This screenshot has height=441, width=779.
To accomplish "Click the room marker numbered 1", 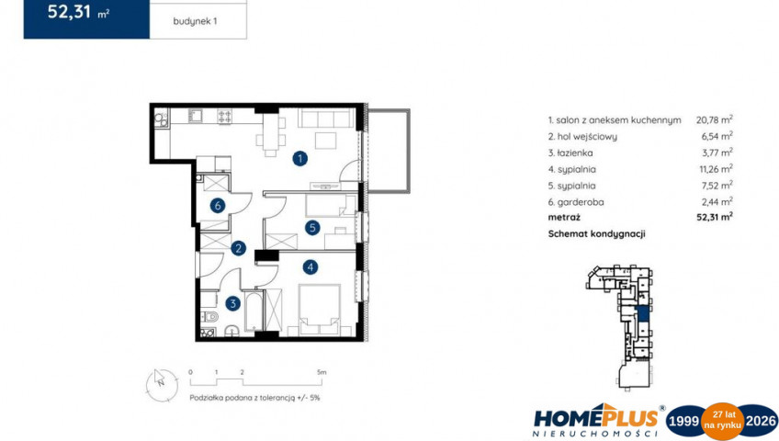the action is (x=299, y=159).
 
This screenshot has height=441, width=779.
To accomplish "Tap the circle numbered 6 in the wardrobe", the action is (x=218, y=205).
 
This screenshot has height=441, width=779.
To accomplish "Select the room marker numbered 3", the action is (x=232, y=303).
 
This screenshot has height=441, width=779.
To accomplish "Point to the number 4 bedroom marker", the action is (x=310, y=267).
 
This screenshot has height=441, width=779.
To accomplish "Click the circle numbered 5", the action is (x=312, y=228).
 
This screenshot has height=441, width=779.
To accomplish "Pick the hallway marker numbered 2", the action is (x=239, y=248).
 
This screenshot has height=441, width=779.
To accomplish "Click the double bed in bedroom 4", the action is (x=320, y=309).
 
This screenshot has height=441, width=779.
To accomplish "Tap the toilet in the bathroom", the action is (x=210, y=316).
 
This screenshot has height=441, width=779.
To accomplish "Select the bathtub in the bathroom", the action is (x=254, y=311).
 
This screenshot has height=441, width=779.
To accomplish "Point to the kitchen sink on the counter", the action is (x=195, y=116).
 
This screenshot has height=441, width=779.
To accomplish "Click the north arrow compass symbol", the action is (x=162, y=385).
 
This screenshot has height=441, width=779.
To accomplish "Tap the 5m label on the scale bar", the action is (x=322, y=372).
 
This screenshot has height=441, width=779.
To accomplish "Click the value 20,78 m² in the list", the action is (x=715, y=119).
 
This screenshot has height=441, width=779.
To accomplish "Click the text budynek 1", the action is (x=196, y=21).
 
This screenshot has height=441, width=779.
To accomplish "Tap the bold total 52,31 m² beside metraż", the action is (x=715, y=217).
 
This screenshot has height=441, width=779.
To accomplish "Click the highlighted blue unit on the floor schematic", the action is (x=643, y=314).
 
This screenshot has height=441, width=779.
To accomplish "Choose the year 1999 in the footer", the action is (x=684, y=421).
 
